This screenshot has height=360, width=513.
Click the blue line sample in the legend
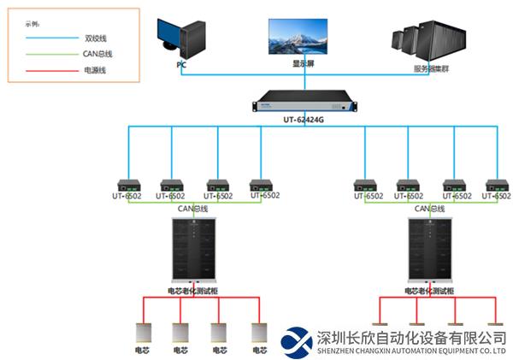pos(51,38)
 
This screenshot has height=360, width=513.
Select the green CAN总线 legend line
pos(51,54)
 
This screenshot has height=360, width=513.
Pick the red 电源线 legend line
pos(51,70)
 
